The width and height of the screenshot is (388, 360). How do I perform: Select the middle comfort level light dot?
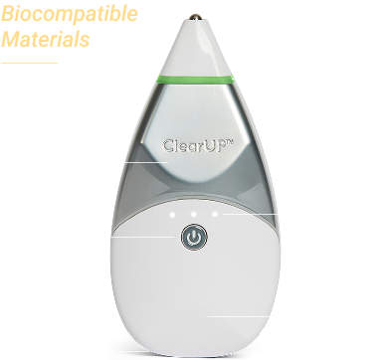[193, 211]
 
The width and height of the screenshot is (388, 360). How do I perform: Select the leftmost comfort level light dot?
[174, 211]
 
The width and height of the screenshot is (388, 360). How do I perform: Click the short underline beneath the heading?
[29, 63]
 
